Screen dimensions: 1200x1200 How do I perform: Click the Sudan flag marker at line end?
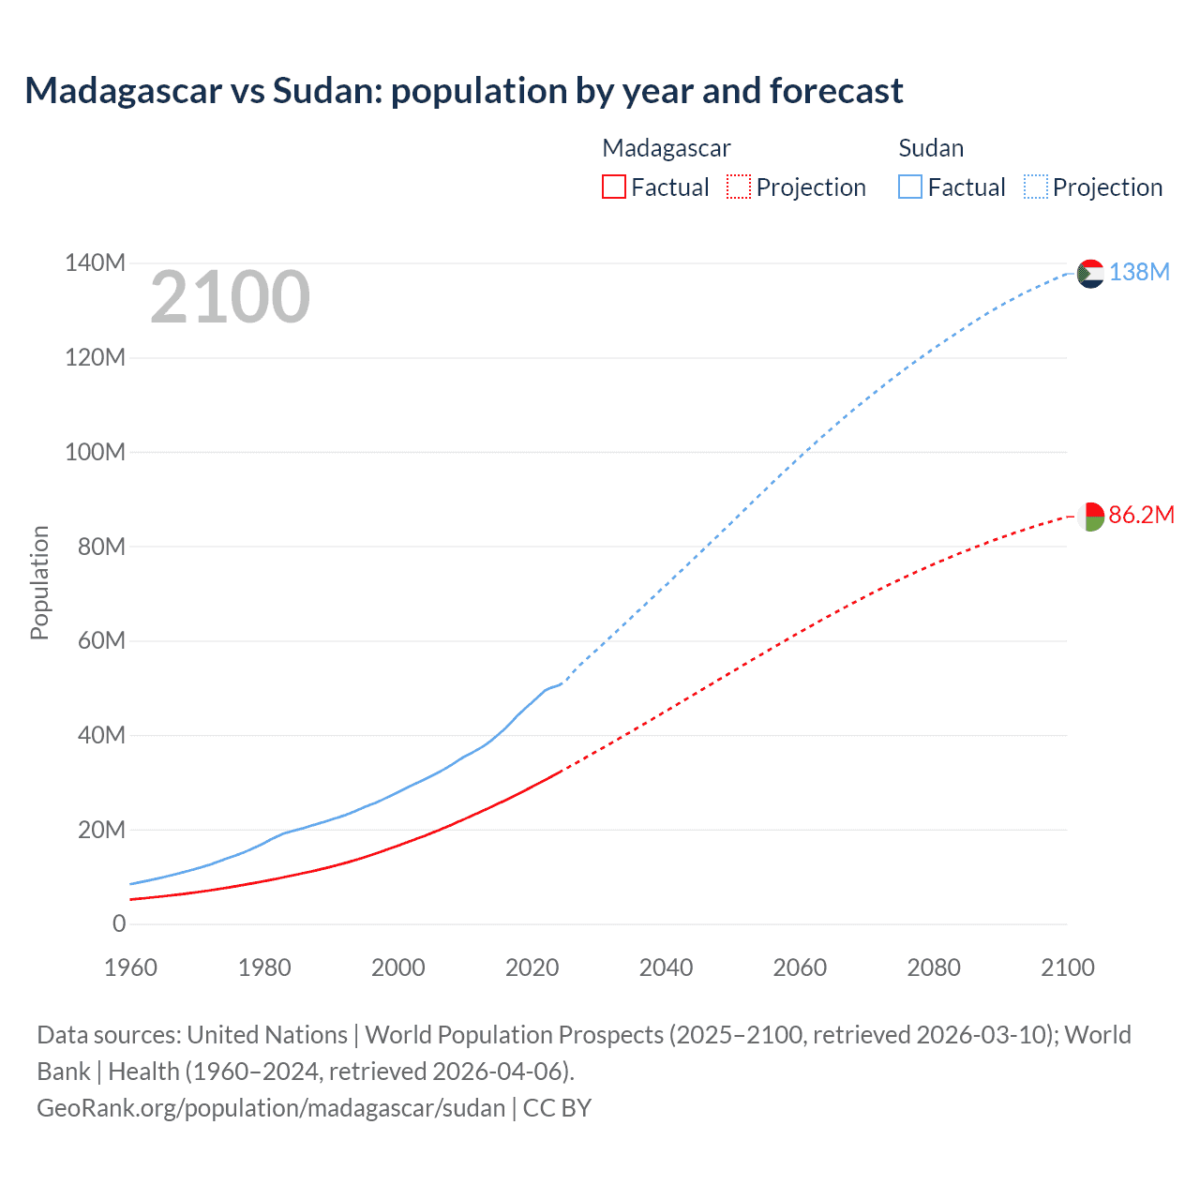pyautogui.click(x=1090, y=274)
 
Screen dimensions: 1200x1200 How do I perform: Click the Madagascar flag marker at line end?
pyautogui.click(x=1090, y=517)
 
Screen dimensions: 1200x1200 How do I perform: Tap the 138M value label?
pyautogui.click(x=1139, y=272)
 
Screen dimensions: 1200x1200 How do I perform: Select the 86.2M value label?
pyautogui.click(x=1141, y=515)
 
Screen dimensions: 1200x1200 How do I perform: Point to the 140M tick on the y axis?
pyautogui.click(x=95, y=262)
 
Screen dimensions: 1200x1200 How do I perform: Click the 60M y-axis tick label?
pyautogui.click(x=101, y=640)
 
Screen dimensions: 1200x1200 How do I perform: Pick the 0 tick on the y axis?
pyautogui.click(x=118, y=923)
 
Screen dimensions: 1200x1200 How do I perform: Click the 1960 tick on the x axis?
pyautogui.click(x=130, y=967)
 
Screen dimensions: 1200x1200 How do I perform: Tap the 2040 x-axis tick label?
pyautogui.click(x=666, y=967)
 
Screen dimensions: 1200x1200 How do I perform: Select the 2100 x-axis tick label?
pyautogui.click(x=1067, y=967)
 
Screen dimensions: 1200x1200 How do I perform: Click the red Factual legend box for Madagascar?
pyautogui.click(x=613, y=187)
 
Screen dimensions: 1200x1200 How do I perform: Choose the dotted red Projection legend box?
pyautogui.click(x=739, y=187)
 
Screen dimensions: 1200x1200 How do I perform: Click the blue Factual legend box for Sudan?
pyautogui.click(x=909, y=187)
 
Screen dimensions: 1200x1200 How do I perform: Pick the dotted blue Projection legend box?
pyautogui.click(x=1035, y=187)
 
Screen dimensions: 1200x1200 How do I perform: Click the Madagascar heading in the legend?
pyautogui.click(x=666, y=148)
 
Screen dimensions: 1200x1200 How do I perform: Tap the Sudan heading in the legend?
pyautogui.click(x=930, y=148)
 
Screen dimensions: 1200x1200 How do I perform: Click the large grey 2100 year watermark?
pyautogui.click(x=230, y=297)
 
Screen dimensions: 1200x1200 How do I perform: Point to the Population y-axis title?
pyautogui.click(x=39, y=582)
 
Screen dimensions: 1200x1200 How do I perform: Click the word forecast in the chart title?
pyautogui.click(x=836, y=91)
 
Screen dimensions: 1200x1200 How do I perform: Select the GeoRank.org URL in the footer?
pyautogui.click(x=271, y=1107)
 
